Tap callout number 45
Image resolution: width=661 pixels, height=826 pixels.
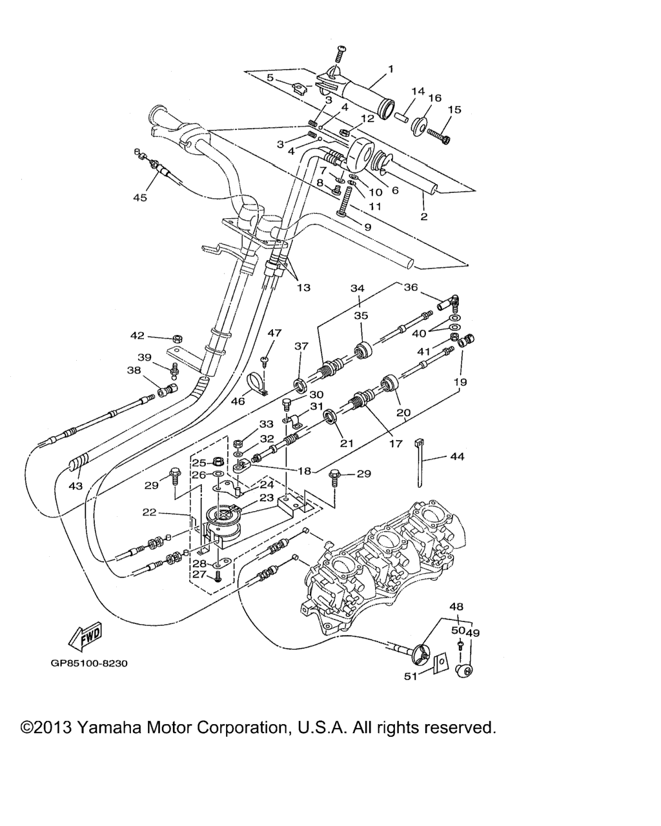pos(140,197)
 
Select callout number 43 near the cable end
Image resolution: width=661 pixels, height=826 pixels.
pos(76,485)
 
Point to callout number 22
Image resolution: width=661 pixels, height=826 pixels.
pos(150,512)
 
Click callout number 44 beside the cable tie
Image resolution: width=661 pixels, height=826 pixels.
pos(456,456)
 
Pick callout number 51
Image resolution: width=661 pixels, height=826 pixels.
pos(411,676)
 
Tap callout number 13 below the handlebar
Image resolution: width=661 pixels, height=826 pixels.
pos(303,288)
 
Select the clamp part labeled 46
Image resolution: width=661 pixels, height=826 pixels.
pos(260,383)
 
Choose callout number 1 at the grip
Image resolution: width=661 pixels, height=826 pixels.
pos(390,68)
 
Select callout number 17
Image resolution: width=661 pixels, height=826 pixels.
pos(395,443)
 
